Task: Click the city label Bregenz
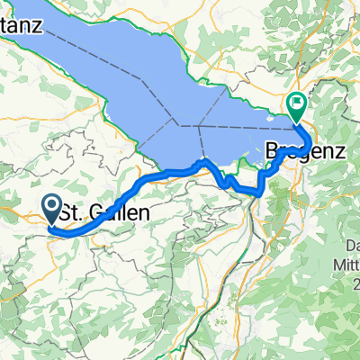pos(307,154)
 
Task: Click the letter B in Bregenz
pos(274,154)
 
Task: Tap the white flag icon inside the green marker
pos(295,105)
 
